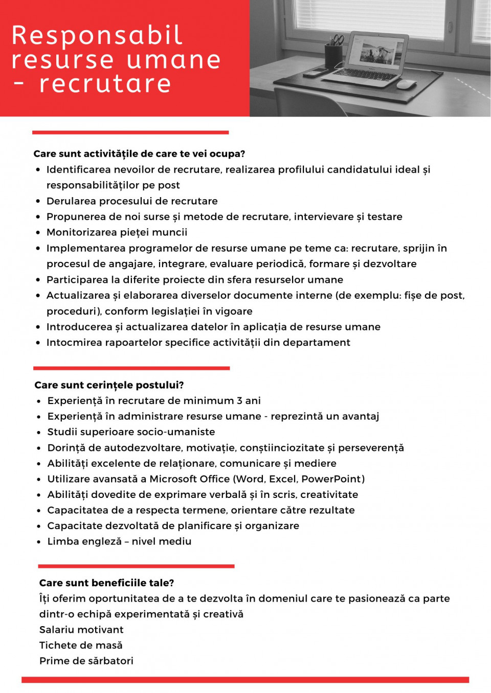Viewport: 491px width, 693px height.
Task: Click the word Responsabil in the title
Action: pyautogui.click(x=97, y=36)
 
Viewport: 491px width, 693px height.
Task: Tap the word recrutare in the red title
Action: pyautogui.click(x=105, y=84)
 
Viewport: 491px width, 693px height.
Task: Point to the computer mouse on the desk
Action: pyautogui.click(x=407, y=84)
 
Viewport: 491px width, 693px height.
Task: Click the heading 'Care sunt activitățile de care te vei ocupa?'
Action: pyautogui.click(x=139, y=154)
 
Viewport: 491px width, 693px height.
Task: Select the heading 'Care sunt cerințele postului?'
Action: pyautogui.click(x=109, y=385)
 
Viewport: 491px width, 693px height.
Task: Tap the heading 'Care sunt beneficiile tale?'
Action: pyautogui.click(x=106, y=583)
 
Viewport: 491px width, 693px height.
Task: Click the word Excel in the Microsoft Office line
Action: pyautogui.click(x=283, y=479)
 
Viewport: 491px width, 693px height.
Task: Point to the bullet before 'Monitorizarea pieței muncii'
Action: pyautogui.click(x=38, y=233)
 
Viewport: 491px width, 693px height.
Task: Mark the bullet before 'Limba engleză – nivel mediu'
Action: pyautogui.click(x=39, y=542)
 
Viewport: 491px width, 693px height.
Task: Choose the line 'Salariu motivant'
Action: pyautogui.click(x=81, y=630)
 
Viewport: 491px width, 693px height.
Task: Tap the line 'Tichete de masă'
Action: pyautogui.click(x=81, y=646)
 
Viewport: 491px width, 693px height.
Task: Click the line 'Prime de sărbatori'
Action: pyautogui.click(x=86, y=661)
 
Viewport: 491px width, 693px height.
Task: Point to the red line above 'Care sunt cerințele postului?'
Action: pyautogui.click(x=131, y=368)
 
